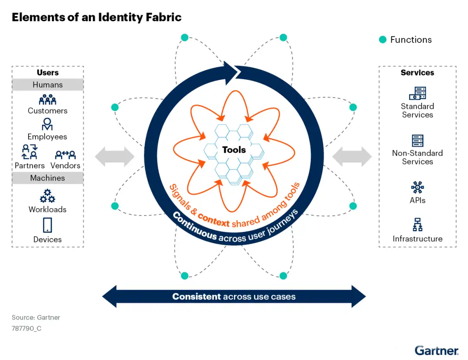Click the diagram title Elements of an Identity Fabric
pyautogui.click(x=96, y=17)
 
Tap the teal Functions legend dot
pyautogui.click(x=383, y=40)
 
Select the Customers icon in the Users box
pyautogui.click(x=48, y=100)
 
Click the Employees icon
pyautogui.click(x=47, y=124)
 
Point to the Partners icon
pyautogui.click(x=29, y=153)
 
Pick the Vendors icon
pyautogui.click(x=65, y=154)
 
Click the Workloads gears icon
pyautogui.click(x=48, y=196)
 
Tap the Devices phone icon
pyautogui.click(x=48, y=226)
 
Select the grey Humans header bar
pyautogui.click(x=48, y=85)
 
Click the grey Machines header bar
pyautogui.click(x=48, y=178)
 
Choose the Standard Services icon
pyautogui.click(x=417, y=93)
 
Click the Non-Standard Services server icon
pyautogui.click(x=417, y=141)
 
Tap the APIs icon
pyautogui.click(x=417, y=187)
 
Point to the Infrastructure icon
pyautogui.click(x=417, y=225)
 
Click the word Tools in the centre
pyautogui.click(x=234, y=150)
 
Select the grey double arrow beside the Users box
pyautogui.click(x=115, y=156)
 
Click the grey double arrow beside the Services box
pyautogui.click(x=352, y=156)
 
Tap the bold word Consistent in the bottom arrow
pyautogui.click(x=197, y=297)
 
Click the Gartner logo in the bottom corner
pyautogui.click(x=436, y=350)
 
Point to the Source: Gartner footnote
pyautogui.click(x=36, y=317)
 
